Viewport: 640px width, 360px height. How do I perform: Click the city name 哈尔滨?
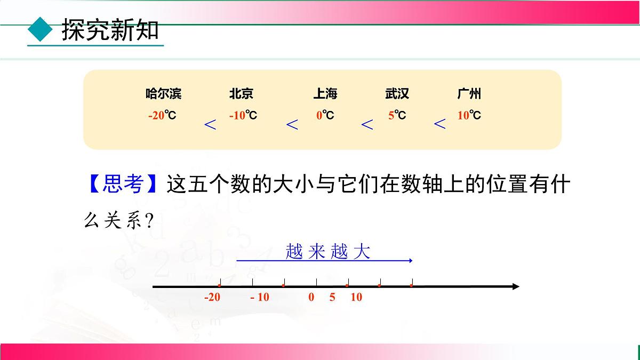click(163, 94)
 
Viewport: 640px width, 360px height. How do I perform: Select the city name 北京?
click(241, 94)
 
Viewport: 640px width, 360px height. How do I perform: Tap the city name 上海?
click(325, 94)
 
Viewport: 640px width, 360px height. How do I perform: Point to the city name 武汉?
click(397, 94)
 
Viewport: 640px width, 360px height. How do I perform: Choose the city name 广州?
click(469, 94)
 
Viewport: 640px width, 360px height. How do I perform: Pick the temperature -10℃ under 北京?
click(243, 115)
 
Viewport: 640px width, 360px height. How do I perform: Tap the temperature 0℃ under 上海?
click(325, 115)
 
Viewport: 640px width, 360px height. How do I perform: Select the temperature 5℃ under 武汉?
click(397, 115)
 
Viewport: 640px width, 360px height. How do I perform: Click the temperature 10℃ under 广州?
click(469, 115)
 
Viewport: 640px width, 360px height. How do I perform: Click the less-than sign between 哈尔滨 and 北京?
click(211, 125)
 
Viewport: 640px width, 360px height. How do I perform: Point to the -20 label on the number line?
click(212, 298)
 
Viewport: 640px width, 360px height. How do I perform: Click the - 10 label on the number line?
click(260, 298)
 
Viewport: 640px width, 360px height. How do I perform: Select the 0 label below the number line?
click(311, 298)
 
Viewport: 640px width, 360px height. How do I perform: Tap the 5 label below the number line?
click(332, 298)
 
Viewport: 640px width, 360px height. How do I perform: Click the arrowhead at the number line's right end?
click(515, 287)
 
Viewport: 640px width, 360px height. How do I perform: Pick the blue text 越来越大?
click(327, 251)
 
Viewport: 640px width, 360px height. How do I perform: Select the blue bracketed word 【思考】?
click(123, 185)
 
